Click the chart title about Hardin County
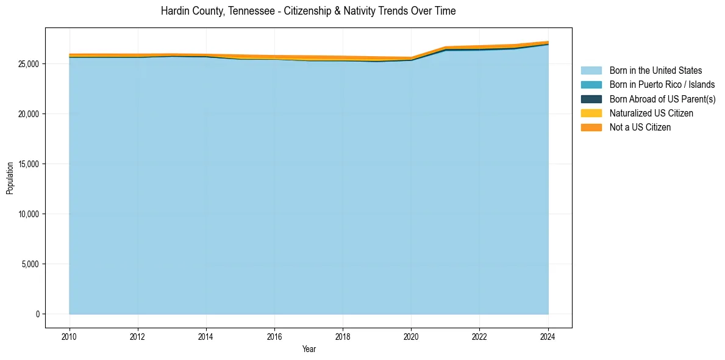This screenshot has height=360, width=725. [308, 11]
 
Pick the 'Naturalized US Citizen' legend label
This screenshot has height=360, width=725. [651, 113]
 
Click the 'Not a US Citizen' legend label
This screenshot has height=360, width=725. [640, 128]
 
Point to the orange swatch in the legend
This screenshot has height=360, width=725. [591, 128]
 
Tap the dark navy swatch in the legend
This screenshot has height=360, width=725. [591, 99]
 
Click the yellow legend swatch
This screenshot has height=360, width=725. [591, 113]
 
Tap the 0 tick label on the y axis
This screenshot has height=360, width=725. [37, 314]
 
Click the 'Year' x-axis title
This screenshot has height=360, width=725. [309, 349]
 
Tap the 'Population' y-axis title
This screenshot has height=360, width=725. [10, 178]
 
